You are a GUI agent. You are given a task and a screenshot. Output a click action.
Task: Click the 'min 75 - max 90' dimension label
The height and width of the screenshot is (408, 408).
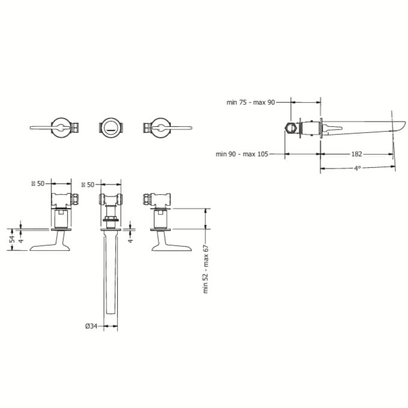point(250,102)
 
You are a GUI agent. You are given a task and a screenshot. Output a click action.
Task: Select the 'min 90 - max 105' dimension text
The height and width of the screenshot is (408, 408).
point(242,154)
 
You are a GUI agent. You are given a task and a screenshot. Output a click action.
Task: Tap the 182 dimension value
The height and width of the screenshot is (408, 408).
point(357,154)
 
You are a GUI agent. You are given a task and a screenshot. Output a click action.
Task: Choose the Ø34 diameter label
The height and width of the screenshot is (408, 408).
point(91,326)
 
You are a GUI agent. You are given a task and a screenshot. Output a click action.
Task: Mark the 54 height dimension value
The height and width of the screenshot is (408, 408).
point(12,239)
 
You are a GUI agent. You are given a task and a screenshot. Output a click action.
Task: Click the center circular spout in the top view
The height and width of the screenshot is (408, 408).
point(111,128)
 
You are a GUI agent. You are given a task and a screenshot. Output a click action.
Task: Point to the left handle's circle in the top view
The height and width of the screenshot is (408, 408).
point(61,128)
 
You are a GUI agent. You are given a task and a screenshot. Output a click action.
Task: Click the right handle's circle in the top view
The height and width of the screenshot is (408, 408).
point(159,128)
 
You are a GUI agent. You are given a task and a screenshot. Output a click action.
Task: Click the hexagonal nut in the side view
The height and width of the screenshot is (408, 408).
point(290,128)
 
